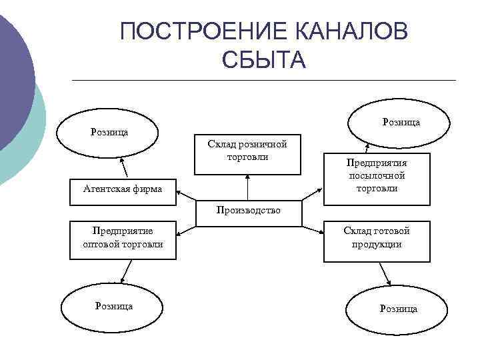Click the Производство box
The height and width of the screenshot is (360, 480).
248,210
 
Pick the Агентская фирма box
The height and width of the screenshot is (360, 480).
123,189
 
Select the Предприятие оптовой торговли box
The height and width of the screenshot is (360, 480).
123,239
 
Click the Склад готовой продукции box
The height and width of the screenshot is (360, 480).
377,239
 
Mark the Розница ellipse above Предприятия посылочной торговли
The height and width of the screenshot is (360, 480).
401,122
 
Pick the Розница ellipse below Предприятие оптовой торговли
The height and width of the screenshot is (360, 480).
114,307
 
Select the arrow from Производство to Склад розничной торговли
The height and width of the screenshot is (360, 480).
247,187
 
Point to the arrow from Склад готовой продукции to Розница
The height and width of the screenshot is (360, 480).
385,273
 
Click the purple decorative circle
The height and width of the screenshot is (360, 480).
13,73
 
